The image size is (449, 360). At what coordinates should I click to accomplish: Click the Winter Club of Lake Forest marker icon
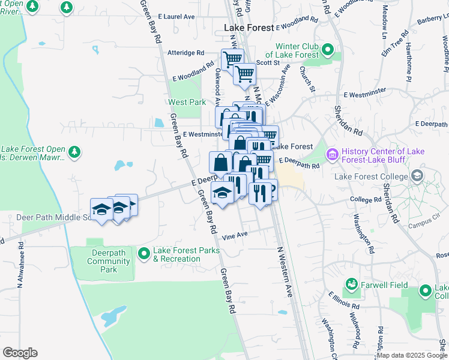pyautogui.click(x=327, y=49)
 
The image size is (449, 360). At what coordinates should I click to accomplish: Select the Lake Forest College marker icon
pyautogui.click(x=417, y=176)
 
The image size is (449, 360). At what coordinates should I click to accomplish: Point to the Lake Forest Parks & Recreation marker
pyautogui.click(x=143, y=254)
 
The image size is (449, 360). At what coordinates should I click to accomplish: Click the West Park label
pyautogui.click(x=187, y=102)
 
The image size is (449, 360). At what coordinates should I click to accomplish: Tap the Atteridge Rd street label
pyautogui.click(x=186, y=53)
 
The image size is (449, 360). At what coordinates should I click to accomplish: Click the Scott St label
pyautogui.click(x=268, y=62)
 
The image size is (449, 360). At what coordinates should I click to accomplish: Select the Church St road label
pyautogui.click(x=307, y=79)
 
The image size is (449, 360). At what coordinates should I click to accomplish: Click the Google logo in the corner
pyautogui.click(x=20, y=353)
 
